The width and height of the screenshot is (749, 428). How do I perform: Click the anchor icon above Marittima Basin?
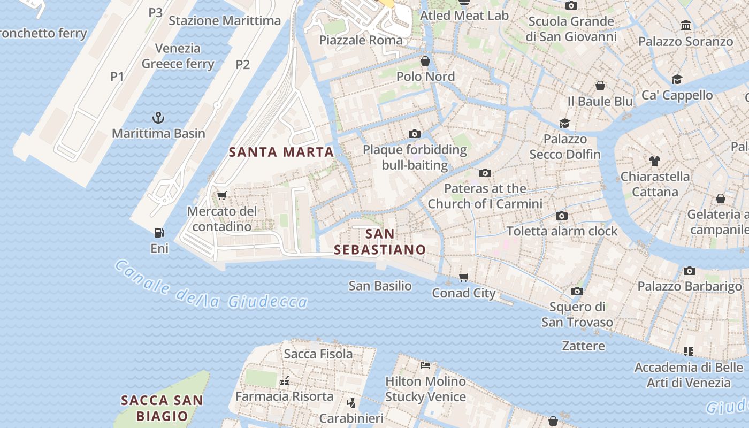pyautogui.click(x=158, y=117)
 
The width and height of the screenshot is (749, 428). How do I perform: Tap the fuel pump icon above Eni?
pyautogui.click(x=159, y=232)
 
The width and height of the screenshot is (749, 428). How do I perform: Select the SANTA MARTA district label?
pyautogui.click(x=281, y=152)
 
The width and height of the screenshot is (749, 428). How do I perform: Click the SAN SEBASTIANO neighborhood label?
pyautogui.click(x=380, y=242)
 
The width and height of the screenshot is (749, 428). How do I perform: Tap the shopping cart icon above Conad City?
pyautogui.click(x=464, y=277)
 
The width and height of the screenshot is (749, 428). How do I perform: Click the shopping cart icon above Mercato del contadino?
pyautogui.click(x=222, y=195)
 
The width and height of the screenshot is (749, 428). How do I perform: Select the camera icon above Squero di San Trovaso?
pyautogui.click(x=577, y=291)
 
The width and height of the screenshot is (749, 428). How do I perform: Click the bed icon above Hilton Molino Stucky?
pyautogui.click(x=425, y=365)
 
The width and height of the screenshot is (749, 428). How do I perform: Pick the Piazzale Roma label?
pyautogui.click(x=361, y=40)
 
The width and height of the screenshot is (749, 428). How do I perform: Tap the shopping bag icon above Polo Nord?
pyautogui.click(x=425, y=61)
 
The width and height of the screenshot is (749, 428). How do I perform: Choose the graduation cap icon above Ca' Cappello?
pyautogui.click(x=677, y=80)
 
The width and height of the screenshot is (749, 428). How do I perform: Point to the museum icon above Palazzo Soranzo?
pyautogui.click(x=685, y=25)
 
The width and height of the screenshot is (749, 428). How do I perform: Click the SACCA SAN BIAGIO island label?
pyautogui.click(x=162, y=408)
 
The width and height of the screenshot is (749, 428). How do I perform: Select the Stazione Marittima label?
pyautogui.click(x=225, y=21)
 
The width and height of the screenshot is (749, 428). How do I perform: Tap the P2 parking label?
pyautogui.click(x=243, y=65)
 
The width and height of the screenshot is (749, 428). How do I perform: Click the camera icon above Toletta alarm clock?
pyautogui.click(x=562, y=216)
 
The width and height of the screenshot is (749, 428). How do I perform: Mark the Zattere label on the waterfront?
pyautogui.click(x=583, y=346)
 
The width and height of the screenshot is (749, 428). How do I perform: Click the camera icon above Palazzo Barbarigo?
pyautogui.click(x=690, y=271)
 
